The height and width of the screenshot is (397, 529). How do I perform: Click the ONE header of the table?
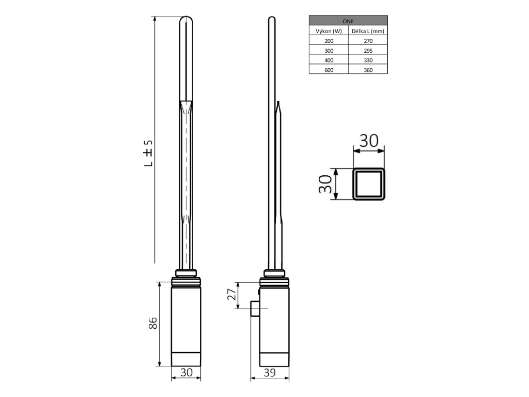(348, 21)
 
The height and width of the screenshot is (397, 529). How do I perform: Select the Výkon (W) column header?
(329, 31)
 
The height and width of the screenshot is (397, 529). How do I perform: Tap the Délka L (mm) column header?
(368, 31)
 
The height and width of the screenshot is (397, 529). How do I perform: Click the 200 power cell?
(329, 41)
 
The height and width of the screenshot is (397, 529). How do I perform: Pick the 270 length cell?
(368, 41)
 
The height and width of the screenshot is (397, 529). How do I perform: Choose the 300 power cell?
(329, 51)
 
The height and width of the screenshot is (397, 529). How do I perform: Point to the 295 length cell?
(368, 51)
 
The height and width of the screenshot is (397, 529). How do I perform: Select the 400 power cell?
(329, 60)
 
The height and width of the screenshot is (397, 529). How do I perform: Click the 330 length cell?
(368, 60)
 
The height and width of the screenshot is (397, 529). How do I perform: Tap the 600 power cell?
(329, 70)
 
